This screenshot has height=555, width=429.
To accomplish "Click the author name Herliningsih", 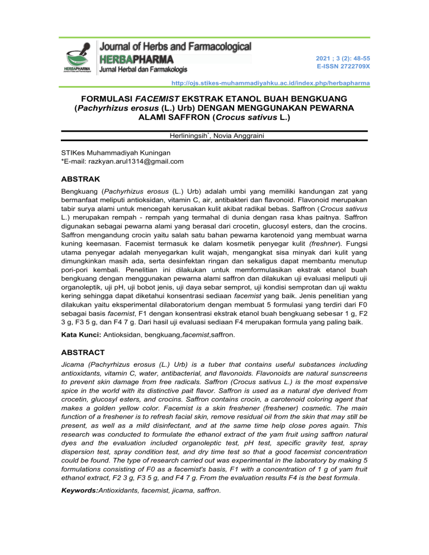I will click(184, 137).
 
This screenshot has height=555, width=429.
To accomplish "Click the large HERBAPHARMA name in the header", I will click(136, 59).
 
